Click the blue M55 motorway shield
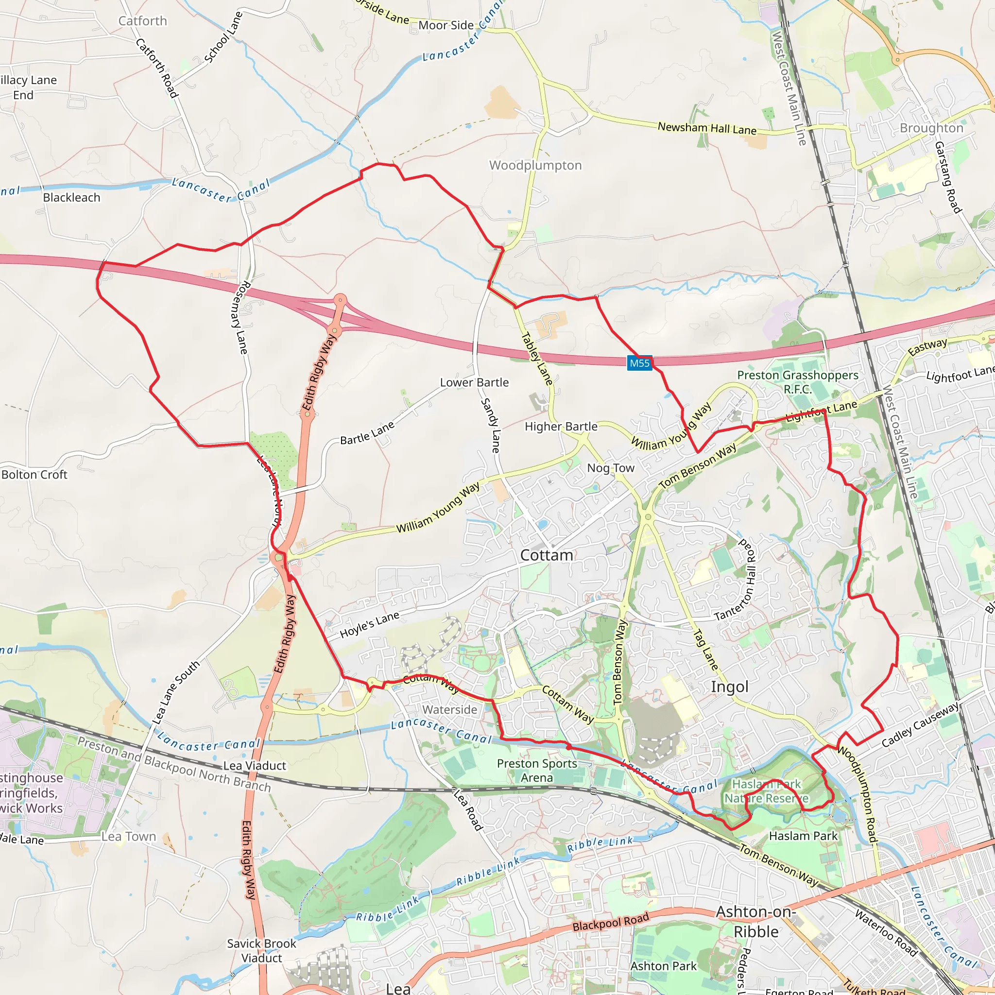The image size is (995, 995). click(x=640, y=363)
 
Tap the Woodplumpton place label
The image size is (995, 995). click(x=535, y=165)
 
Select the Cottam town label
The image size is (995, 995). click(x=547, y=555)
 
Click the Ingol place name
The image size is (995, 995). click(x=729, y=686)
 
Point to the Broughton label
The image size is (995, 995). click(x=931, y=128)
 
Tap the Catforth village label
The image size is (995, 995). click(x=143, y=21)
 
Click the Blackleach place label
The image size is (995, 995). click(x=71, y=198)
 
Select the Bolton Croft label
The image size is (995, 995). click(x=34, y=474)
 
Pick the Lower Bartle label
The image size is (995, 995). click(x=474, y=382)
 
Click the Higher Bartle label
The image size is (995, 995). click(x=561, y=427)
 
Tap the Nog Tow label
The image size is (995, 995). click(x=611, y=468)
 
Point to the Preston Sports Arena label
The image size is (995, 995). click(x=537, y=771)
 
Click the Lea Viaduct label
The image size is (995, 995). click(x=255, y=765)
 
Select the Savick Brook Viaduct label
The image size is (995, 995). click(x=262, y=951)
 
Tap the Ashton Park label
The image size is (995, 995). click(x=663, y=966)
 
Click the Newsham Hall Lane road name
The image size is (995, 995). click(x=706, y=128)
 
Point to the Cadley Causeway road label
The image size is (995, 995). click(x=920, y=724)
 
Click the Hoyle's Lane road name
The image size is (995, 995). click(x=369, y=625)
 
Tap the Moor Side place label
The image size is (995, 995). click(x=446, y=25)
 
